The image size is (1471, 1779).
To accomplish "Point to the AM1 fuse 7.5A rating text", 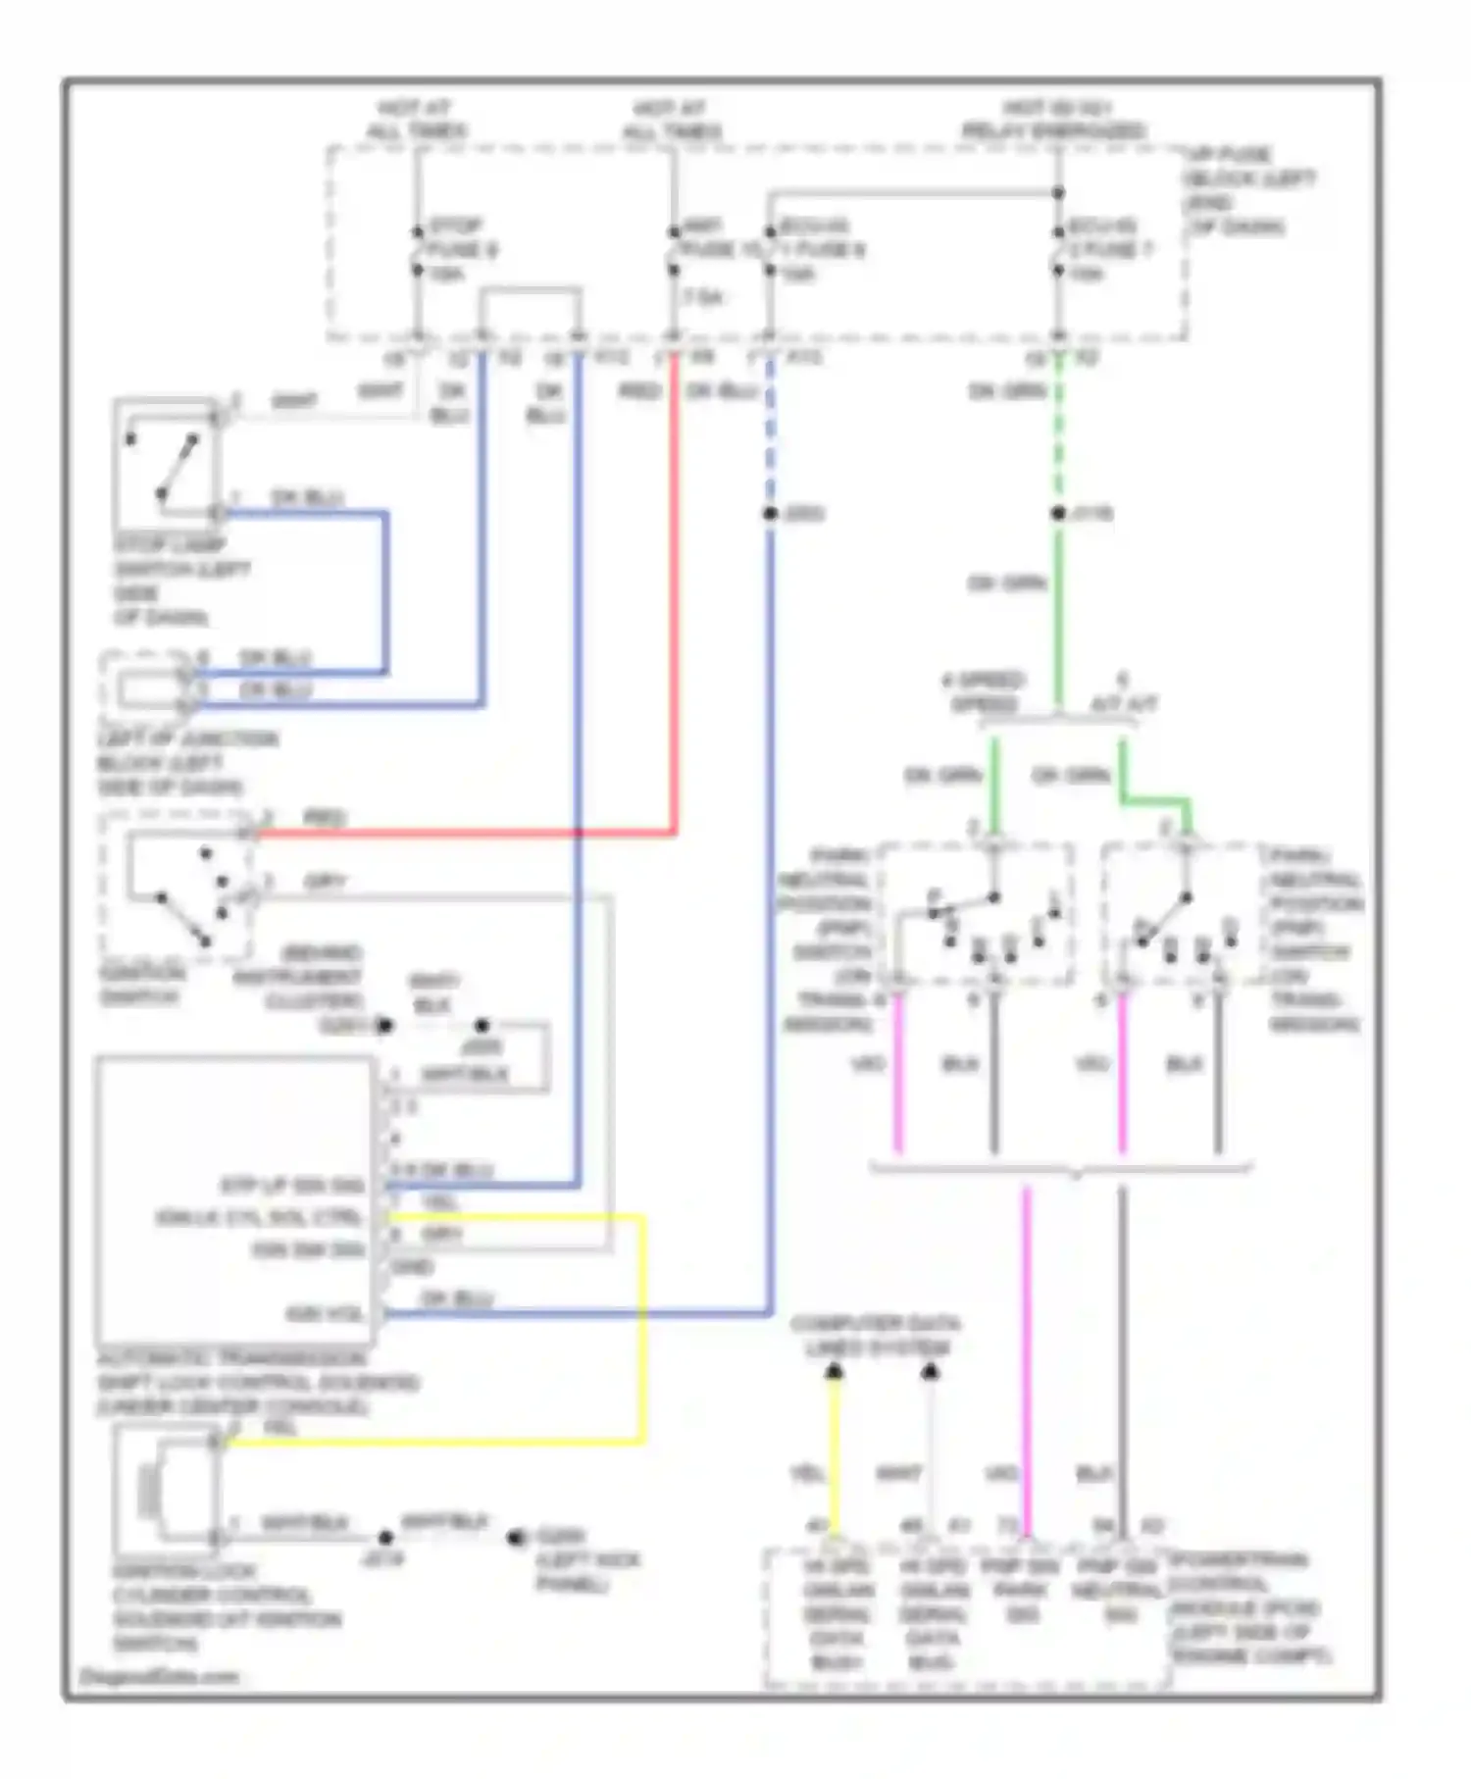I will pyautogui.click(x=702, y=296).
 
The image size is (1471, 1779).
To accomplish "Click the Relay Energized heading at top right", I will pyautogui.click(x=1054, y=120).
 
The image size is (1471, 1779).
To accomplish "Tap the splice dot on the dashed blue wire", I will pyautogui.click(x=770, y=514).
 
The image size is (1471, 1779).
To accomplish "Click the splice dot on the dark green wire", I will pyautogui.click(x=1058, y=513).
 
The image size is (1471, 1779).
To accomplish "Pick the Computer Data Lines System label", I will pyautogui.click(x=876, y=1336).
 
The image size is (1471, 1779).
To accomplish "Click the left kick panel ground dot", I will pyautogui.click(x=515, y=1538).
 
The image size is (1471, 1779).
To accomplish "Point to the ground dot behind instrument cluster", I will pyautogui.click(x=385, y=1026).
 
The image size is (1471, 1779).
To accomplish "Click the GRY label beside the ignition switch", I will pyautogui.click(x=325, y=882).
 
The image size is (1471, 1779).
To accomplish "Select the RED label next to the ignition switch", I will pyautogui.click(x=325, y=817).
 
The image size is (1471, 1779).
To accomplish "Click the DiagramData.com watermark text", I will pyautogui.click(x=159, y=1676).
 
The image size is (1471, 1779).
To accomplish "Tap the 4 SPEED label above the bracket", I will pyautogui.click(x=983, y=691).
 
